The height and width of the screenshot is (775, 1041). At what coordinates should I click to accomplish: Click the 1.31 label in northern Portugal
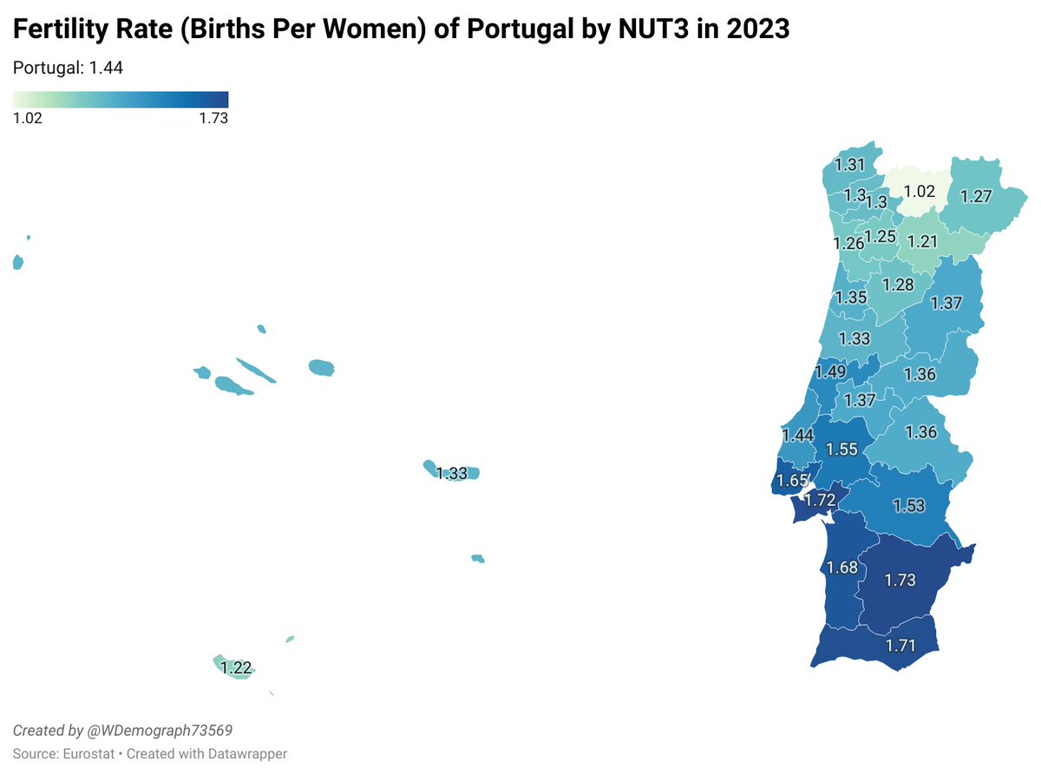(x=849, y=165)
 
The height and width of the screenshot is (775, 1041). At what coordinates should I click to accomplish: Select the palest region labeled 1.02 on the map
(x=919, y=192)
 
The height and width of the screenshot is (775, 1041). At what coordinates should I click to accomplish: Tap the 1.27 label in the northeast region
(x=976, y=196)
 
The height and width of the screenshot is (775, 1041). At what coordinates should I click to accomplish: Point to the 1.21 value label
(x=922, y=241)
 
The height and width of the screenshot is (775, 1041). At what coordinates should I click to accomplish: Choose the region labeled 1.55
(x=841, y=450)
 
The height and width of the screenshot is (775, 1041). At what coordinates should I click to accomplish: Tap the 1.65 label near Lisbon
(x=792, y=480)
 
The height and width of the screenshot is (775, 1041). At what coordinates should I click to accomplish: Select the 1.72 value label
(x=820, y=501)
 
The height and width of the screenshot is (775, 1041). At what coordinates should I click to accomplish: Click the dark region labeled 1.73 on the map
(x=900, y=580)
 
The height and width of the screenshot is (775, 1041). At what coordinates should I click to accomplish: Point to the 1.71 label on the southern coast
(x=900, y=646)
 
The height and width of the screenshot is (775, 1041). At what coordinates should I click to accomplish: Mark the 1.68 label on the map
(x=841, y=568)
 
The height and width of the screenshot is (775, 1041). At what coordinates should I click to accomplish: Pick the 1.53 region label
(x=909, y=506)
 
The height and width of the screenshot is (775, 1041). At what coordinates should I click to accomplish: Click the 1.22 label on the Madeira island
(x=236, y=668)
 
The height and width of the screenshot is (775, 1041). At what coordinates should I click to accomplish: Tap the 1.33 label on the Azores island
(x=452, y=473)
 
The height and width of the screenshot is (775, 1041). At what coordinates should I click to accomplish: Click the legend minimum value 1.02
(x=28, y=119)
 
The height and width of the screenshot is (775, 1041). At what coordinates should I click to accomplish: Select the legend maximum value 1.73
(x=213, y=119)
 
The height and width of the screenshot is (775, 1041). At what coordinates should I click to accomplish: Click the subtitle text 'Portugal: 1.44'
(x=68, y=68)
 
